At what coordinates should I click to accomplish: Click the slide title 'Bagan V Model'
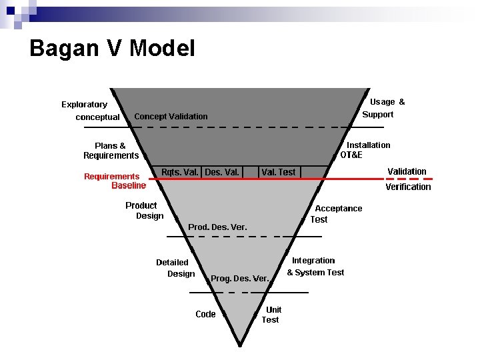pos(112,48)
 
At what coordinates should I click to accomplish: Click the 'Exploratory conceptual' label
pos(89,111)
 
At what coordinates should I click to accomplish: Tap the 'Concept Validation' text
pos(171,117)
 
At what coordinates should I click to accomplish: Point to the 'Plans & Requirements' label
pos(111,151)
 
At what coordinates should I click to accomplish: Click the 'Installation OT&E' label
pos(365,150)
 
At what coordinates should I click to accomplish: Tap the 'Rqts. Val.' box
pos(180,172)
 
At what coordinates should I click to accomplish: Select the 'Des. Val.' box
pos(222,172)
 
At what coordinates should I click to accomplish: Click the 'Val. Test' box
pos(279,172)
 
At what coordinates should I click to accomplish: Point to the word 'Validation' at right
pos(407,171)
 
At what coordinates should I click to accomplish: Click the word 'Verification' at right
pos(408,187)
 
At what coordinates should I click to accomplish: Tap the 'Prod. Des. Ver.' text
pos(217,227)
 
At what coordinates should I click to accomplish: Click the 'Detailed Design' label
pos(175,268)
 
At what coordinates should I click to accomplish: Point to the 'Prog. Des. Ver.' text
pos(240,278)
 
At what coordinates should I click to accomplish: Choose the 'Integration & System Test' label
pos(315,267)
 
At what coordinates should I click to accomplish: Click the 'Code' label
pos(205,314)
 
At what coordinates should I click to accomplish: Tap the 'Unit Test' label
pos(271,315)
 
